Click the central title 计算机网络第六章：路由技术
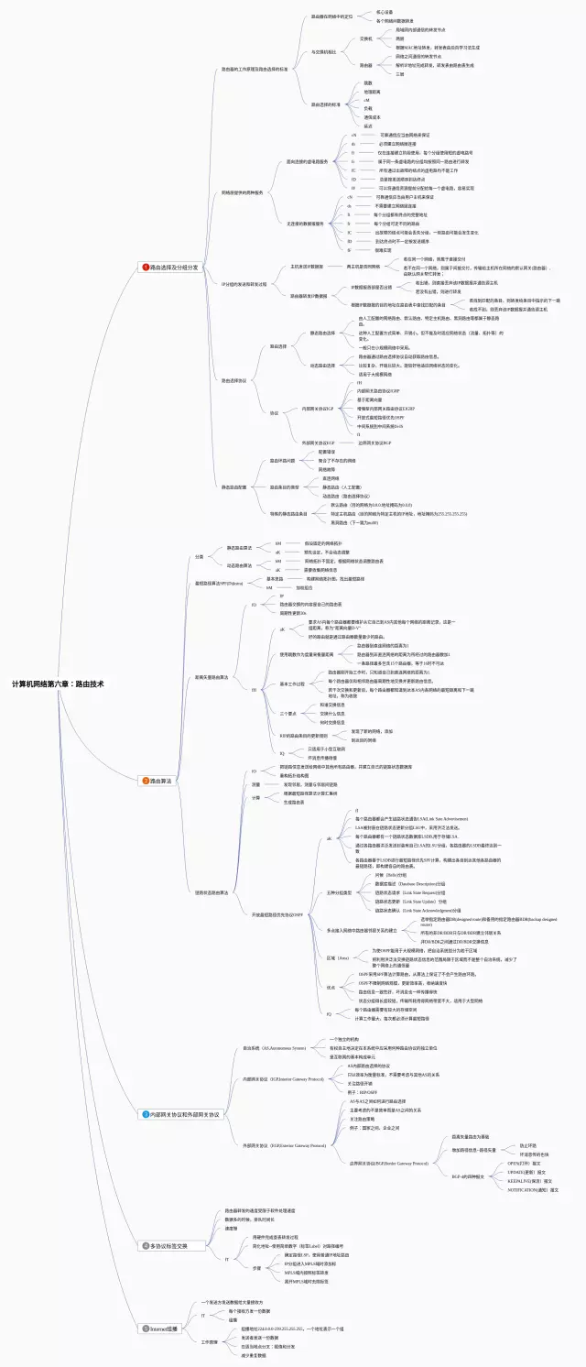coord(63,683)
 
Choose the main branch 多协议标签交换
coord(168,1246)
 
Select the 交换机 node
coord(366,39)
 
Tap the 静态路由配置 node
coord(234,487)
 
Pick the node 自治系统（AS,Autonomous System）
coord(275,1046)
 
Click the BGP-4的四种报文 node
coord(468,1176)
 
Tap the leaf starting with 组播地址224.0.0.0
coord(292,1329)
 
